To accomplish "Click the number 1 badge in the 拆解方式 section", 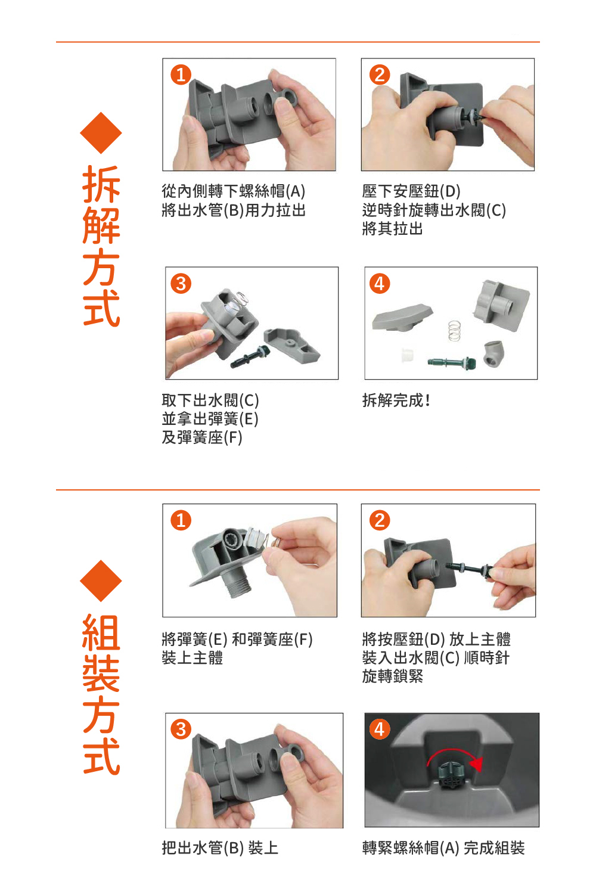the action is click(181, 75).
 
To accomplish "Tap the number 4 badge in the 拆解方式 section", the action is click(380, 284).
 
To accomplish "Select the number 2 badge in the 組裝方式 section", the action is click(380, 521).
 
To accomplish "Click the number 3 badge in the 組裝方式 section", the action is click(181, 730).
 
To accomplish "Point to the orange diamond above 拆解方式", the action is click(101, 133).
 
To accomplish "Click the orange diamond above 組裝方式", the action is click(101, 581).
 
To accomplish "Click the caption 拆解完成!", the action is click(396, 401).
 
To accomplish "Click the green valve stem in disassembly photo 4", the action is click(452, 362).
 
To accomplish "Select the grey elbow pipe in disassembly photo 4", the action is click(493, 353).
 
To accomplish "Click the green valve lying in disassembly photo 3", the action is click(250, 356).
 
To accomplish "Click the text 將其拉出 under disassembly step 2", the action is click(392, 229).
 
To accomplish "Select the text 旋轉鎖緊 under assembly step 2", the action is click(392, 676).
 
